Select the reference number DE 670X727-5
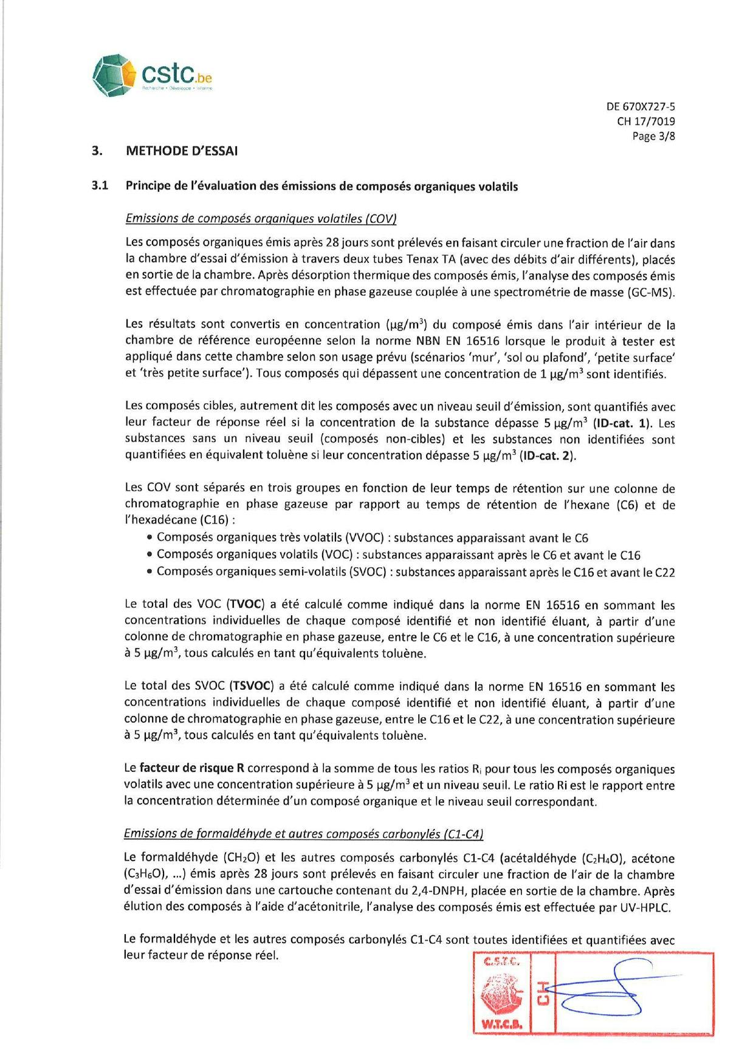pyautogui.click(x=641, y=106)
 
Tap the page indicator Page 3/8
pyautogui.click(x=653, y=136)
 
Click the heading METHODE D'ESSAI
pyautogui.click(x=182, y=151)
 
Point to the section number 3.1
pyautogui.click(x=100, y=186)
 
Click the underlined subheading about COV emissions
pyautogui.click(x=261, y=219)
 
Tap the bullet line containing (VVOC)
pyautogui.click(x=372, y=537)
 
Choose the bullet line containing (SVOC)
pyautogui.click(x=416, y=571)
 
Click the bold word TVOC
pyautogui.click(x=246, y=604)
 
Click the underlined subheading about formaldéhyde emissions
pyautogui.click(x=303, y=834)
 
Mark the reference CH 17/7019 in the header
pyautogui.click(x=645, y=121)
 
